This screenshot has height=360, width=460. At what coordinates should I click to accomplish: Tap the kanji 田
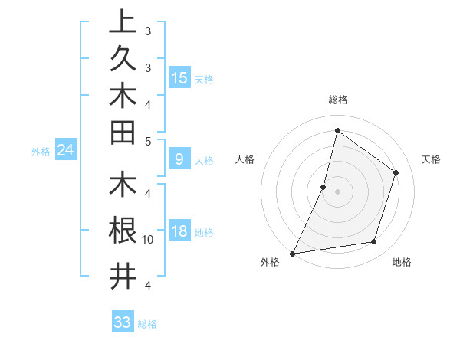pyautogui.click(x=122, y=132)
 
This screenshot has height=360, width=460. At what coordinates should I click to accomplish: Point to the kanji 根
pyautogui.click(x=122, y=231)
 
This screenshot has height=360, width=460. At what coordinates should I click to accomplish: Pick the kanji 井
pyautogui.click(x=122, y=276)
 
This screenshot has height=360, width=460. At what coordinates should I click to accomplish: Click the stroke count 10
pyautogui.click(x=148, y=239)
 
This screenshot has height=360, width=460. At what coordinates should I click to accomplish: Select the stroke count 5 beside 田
pyautogui.click(x=148, y=140)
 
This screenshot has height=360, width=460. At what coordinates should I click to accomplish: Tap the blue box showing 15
pyautogui.click(x=179, y=77)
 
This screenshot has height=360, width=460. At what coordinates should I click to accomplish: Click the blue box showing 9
pyautogui.click(x=179, y=159)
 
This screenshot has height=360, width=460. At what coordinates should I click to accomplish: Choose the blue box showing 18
pyautogui.click(x=179, y=232)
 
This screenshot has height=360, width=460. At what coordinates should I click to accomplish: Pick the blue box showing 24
pyautogui.click(x=65, y=150)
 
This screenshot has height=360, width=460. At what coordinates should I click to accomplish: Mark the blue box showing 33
pyautogui.click(x=122, y=322)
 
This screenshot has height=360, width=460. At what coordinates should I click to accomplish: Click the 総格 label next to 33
pyautogui.click(x=147, y=324)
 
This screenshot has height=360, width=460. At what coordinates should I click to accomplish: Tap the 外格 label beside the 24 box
pyautogui.click(x=41, y=152)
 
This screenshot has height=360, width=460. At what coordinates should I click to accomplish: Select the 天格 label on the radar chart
pyautogui.click(x=431, y=159)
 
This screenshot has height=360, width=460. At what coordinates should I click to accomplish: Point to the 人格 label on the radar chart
pyautogui.click(x=245, y=159)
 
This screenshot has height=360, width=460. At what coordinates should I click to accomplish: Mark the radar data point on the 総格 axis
pyautogui.click(x=337, y=131)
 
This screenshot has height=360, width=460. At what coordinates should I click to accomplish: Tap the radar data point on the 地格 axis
pyautogui.click(x=374, y=242)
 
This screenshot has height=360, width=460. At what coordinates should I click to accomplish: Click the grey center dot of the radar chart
pyautogui.click(x=337, y=191)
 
